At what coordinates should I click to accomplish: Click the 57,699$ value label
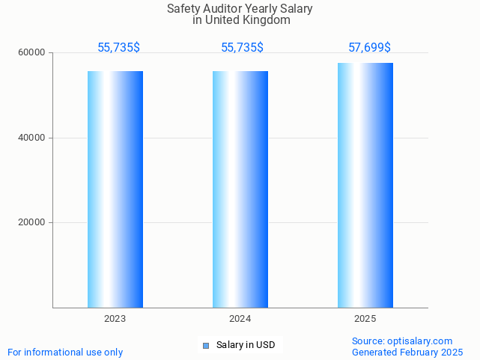click(369, 48)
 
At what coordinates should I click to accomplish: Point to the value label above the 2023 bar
click(118, 48)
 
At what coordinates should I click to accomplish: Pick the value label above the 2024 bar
click(242, 48)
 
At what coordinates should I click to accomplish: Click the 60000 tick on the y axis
click(32, 53)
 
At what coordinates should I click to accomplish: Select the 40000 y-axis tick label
click(32, 138)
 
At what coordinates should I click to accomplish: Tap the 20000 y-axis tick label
click(32, 222)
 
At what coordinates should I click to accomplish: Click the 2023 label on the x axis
click(115, 319)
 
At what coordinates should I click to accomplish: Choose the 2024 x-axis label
click(240, 319)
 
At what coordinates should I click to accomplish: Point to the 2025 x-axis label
click(365, 319)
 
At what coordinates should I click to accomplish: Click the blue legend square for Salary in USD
click(206, 345)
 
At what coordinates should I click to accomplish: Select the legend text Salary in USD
click(246, 345)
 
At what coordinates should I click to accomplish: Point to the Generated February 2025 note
click(407, 352)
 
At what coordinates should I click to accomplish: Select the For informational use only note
click(65, 352)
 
